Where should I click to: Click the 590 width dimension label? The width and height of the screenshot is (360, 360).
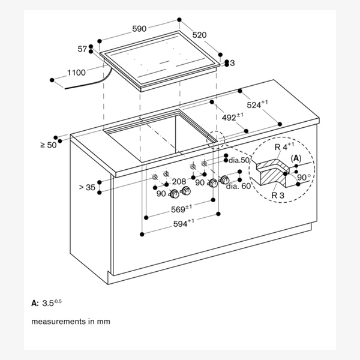[139, 28]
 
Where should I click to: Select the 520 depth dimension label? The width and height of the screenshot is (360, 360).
[199, 35]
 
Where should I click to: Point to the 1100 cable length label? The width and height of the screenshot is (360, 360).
[76, 72]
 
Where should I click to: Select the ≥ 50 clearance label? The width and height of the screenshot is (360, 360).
[48, 145]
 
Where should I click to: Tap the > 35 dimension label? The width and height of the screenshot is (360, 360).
[87, 187]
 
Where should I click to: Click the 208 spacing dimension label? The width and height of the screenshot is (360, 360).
[179, 181]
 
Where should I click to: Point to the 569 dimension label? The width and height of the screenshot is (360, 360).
[180, 209]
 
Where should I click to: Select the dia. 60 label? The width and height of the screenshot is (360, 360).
[238, 186]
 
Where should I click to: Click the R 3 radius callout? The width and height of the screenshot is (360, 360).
[278, 194]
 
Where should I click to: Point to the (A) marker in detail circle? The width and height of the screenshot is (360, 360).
[295, 157]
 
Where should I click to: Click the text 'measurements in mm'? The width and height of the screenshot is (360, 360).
[71, 322]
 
